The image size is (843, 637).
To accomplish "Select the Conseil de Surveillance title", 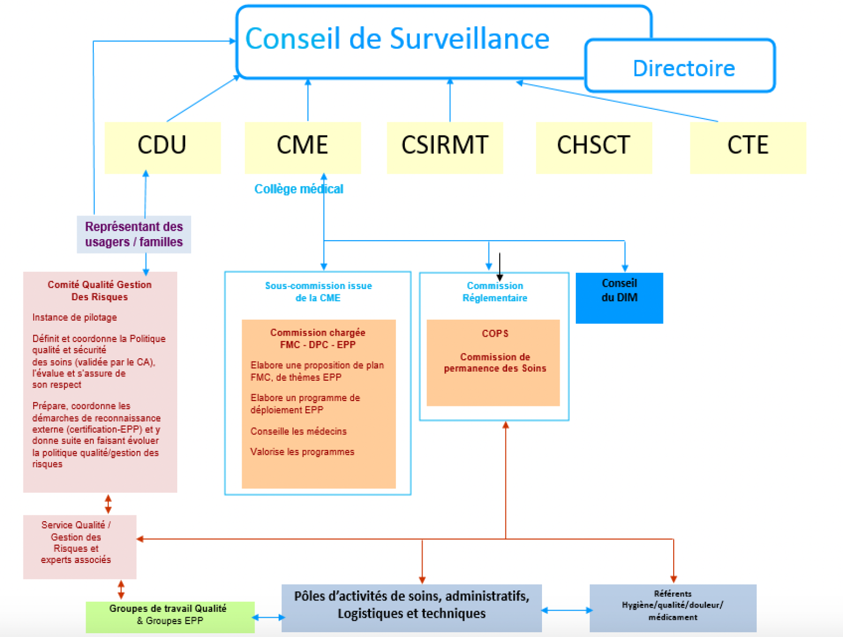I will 397,39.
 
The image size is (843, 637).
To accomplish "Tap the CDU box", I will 162,146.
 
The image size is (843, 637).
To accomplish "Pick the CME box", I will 303,146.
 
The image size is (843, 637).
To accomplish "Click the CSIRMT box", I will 445,146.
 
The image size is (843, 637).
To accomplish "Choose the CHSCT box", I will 593,146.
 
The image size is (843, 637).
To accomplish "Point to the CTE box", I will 748,146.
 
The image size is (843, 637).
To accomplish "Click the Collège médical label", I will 298,189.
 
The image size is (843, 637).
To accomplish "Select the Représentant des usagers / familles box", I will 134,234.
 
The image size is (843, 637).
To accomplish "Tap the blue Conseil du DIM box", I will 619,298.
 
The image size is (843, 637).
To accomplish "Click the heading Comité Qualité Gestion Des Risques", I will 100,291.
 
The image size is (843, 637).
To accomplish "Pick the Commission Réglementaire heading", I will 494,292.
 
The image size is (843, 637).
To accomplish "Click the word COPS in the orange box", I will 495,334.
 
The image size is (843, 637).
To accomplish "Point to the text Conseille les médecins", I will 298,431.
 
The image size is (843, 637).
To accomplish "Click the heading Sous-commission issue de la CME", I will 318,292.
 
